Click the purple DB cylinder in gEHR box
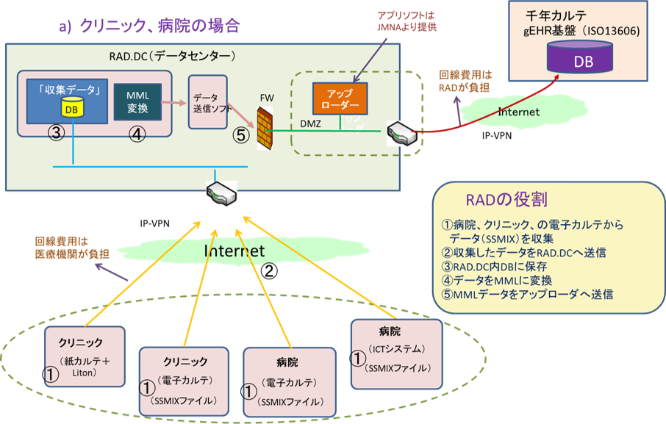(579, 58)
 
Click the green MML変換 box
(137, 104)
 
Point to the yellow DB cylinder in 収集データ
(72, 108)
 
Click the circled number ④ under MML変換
(137, 135)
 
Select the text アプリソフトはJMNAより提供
(404, 21)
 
